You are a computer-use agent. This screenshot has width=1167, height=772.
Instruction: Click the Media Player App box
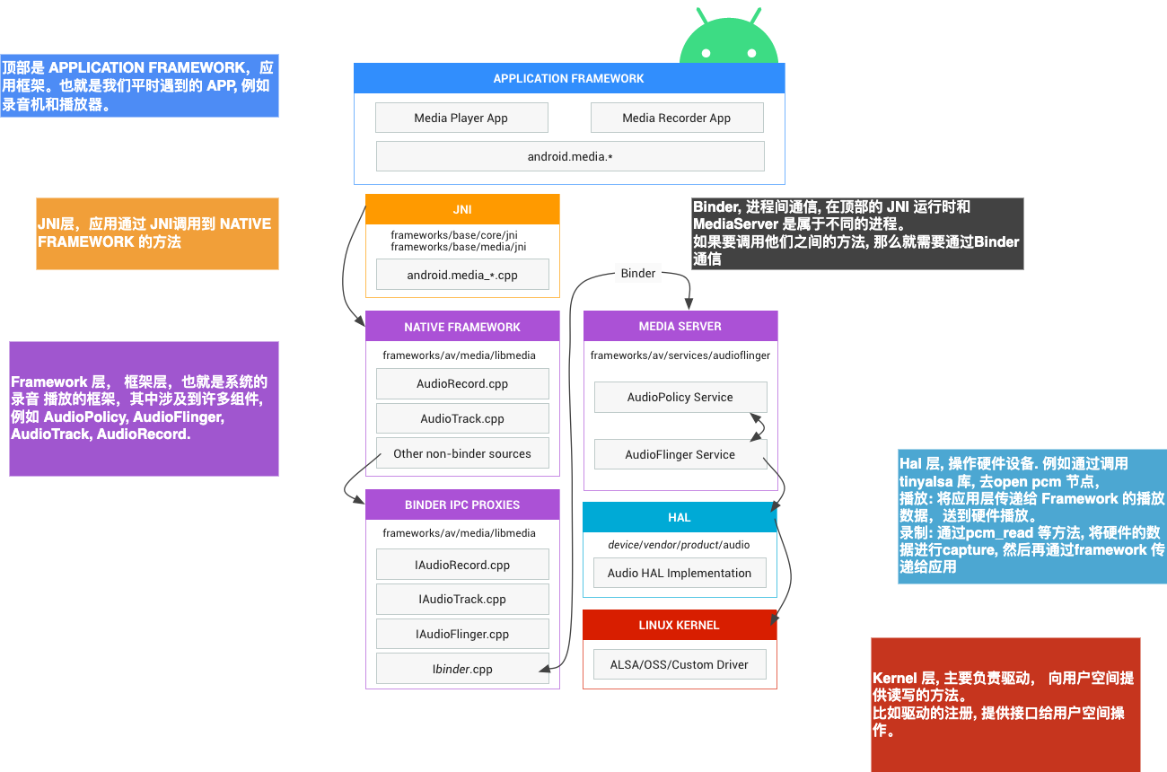[x=461, y=118]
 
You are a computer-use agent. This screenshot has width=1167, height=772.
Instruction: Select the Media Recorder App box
[x=676, y=118]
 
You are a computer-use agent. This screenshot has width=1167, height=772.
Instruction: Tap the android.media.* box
[x=569, y=156]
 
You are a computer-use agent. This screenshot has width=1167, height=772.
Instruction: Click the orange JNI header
[x=462, y=209]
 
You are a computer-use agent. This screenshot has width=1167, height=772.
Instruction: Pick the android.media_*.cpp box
[x=462, y=275]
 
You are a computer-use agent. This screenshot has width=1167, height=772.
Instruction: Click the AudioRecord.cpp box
[x=462, y=383]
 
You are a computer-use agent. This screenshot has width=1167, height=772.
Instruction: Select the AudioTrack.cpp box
[x=462, y=418]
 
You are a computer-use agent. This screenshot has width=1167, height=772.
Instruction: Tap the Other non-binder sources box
[x=462, y=453]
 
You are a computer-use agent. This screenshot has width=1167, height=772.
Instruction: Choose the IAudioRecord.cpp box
[x=462, y=565]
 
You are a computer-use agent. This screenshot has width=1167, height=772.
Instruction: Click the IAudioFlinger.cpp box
[x=462, y=634]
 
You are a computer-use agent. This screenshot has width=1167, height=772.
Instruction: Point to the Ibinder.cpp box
[x=462, y=669]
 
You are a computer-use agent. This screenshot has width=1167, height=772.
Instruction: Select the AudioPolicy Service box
[x=680, y=397]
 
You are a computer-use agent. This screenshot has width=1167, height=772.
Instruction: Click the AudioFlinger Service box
[x=680, y=454]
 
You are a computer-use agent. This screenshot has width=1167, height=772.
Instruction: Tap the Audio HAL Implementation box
[x=679, y=573]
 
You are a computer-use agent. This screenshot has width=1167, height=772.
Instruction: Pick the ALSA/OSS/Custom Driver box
[x=679, y=664]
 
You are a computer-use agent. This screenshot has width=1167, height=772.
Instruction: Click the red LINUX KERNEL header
[x=679, y=625]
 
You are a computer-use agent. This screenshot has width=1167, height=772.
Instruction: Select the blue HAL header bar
[x=679, y=517]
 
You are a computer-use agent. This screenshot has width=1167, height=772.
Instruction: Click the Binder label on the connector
[x=638, y=273]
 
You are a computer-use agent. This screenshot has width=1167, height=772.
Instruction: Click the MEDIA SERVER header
[x=680, y=326]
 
